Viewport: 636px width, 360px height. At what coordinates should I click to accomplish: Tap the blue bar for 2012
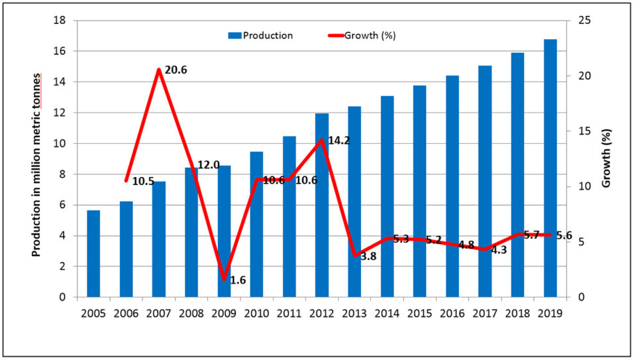click(322, 206)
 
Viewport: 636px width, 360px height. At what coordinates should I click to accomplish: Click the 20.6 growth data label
click(176, 70)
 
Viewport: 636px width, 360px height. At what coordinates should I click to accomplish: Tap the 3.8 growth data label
click(368, 257)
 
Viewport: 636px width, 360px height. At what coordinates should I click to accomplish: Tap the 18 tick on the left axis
click(61, 21)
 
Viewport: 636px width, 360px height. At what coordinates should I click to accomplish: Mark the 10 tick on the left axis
click(61, 143)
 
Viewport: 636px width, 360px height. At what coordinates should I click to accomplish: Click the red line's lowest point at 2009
click(224, 279)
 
